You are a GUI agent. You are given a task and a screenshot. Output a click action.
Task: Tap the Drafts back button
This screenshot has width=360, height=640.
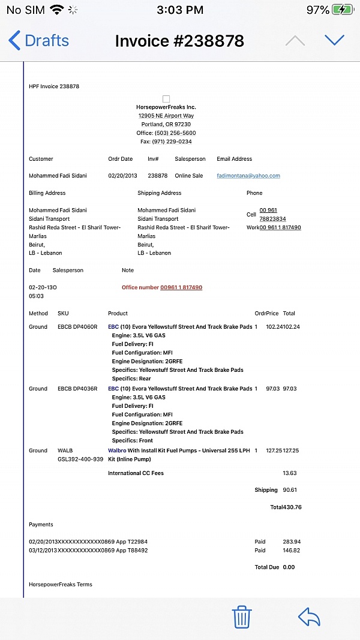pyautogui.click(x=38, y=41)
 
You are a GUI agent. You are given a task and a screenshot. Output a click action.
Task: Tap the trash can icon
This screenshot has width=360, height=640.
pyautogui.click(x=241, y=617)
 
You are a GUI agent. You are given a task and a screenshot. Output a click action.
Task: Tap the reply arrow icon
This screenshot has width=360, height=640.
pyautogui.click(x=309, y=617)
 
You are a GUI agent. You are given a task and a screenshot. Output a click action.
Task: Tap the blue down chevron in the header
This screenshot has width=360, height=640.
pyautogui.click(x=334, y=40)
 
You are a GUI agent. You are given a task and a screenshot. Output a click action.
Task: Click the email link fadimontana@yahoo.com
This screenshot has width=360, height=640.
pyautogui.click(x=248, y=176)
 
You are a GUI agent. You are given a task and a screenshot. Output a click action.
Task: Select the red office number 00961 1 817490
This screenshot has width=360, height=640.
pyautogui.click(x=181, y=287)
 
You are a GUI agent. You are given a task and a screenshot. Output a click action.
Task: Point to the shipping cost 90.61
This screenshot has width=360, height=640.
pyautogui.click(x=290, y=489)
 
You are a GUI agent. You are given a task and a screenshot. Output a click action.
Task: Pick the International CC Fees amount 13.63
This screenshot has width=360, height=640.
pyautogui.click(x=290, y=473)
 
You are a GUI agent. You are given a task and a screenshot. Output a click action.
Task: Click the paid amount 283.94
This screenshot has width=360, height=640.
pyautogui.click(x=291, y=542)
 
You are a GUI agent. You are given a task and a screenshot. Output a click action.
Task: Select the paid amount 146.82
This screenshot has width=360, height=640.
pyautogui.click(x=291, y=550)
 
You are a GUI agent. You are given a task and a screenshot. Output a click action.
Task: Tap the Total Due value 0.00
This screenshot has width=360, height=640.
pyautogui.click(x=289, y=567)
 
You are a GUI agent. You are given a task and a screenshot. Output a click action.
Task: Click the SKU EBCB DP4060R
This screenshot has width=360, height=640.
pyautogui.click(x=77, y=327)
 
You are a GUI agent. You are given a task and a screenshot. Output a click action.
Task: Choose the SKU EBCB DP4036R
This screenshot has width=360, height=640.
pyautogui.click(x=77, y=389)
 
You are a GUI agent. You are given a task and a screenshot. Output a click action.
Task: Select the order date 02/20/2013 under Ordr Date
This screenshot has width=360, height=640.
pyautogui.click(x=123, y=176)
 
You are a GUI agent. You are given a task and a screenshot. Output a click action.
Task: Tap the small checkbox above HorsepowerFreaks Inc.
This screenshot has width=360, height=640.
pyautogui.click(x=166, y=99)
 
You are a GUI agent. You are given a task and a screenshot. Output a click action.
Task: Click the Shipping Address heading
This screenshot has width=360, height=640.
pyautogui.click(x=159, y=193)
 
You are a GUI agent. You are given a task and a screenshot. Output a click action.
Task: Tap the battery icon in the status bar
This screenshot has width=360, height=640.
pyautogui.click(x=343, y=10)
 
